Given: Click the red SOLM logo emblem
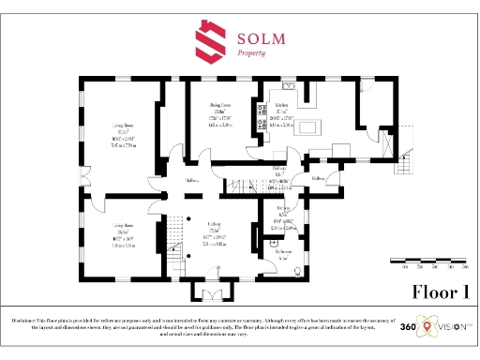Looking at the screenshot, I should (x=209, y=41).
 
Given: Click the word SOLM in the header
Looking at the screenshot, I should (x=262, y=37).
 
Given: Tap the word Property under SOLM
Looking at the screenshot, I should (x=251, y=54).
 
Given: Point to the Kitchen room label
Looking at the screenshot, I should (x=281, y=107).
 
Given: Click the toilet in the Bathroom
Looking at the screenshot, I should (x=298, y=271).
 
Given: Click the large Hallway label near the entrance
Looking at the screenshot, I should (x=215, y=230).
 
